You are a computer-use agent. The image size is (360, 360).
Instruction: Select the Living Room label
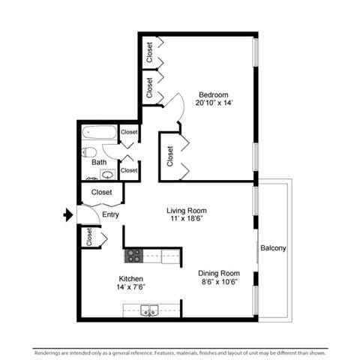pyautogui.click(x=186, y=211)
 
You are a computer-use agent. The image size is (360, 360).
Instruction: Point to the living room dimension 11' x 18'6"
pyautogui.click(x=186, y=220)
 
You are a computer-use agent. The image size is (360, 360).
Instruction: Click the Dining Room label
pyautogui.click(x=218, y=273)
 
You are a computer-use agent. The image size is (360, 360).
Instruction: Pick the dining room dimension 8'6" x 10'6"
pyautogui.click(x=218, y=282)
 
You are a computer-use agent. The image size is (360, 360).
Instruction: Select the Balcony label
pyautogui.click(x=273, y=248)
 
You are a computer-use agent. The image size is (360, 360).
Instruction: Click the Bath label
pyautogui.click(x=99, y=162)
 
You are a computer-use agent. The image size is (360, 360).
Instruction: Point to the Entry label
pyautogui.click(x=110, y=215)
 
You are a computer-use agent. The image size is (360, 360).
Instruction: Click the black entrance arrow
pyautogui.click(x=68, y=215)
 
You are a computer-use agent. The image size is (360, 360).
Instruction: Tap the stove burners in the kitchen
pyautogui.click(x=133, y=256)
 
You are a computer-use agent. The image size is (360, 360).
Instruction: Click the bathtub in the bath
pyautogui.click(x=100, y=133)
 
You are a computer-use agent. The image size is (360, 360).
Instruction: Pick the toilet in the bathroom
pyautogui.click(x=89, y=151)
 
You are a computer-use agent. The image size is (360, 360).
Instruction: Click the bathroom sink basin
pyautogui.click(x=107, y=175)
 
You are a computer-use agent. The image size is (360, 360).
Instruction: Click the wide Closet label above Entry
pyautogui.click(x=101, y=193)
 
